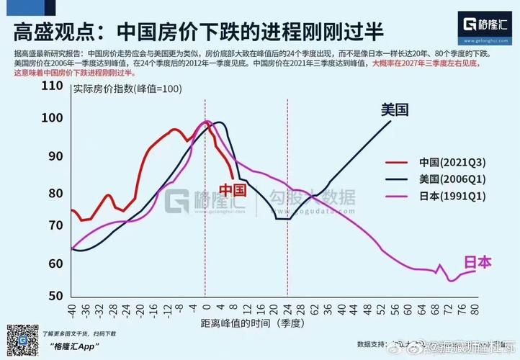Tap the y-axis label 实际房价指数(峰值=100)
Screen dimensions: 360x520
[x=127, y=89]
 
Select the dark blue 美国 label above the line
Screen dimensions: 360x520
[x=395, y=110]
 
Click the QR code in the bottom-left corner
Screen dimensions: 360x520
[x=22, y=340]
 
